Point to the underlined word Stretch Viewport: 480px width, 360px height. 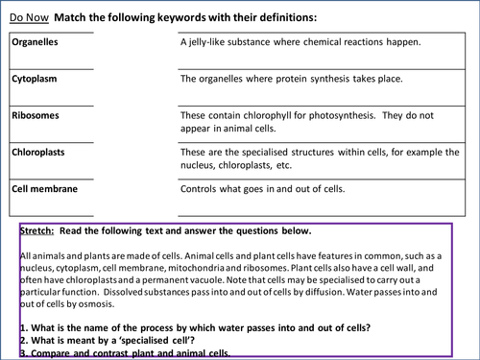coord(36,232)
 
